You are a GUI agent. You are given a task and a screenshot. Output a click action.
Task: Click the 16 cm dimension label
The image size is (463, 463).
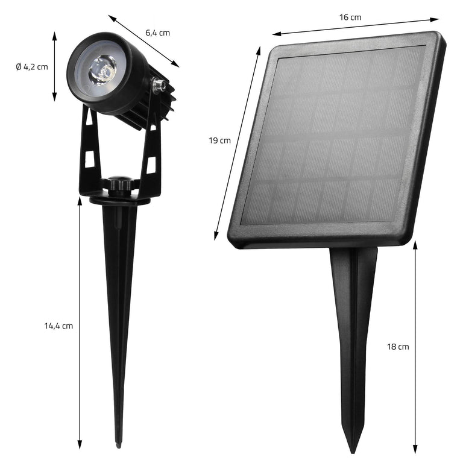click(x=350, y=17)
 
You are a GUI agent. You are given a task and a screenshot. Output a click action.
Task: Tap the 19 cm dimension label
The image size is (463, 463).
click(x=219, y=140)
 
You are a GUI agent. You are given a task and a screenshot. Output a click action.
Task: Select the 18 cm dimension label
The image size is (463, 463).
click(x=398, y=347)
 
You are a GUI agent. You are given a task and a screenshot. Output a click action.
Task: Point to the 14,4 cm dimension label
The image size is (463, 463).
click(x=58, y=326)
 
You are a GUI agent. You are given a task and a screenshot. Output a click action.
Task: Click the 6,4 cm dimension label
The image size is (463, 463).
click(x=157, y=33)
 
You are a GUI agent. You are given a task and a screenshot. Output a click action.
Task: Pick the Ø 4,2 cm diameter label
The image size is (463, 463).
click(x=32, y=66)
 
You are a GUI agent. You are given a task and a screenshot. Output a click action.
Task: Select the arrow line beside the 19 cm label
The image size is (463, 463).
click(x=238, y=142)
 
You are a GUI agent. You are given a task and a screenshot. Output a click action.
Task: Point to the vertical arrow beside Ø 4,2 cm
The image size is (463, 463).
click(x=54, y=66)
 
